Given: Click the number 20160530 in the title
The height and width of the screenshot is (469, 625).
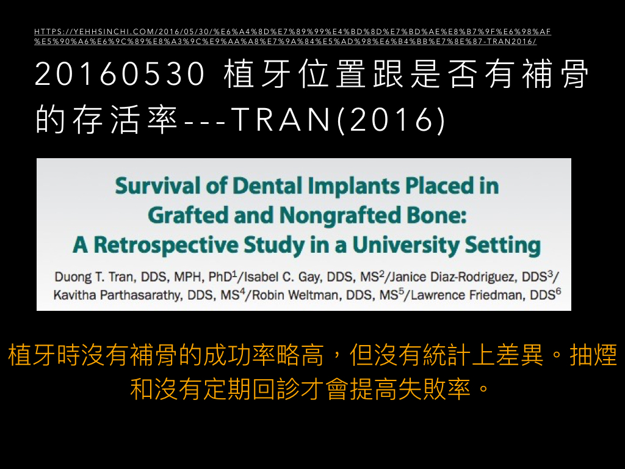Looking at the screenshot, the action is click(120, 73).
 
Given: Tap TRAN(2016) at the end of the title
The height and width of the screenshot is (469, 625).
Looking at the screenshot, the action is click(338, 119).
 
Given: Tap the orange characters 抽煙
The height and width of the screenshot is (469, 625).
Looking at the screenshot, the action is click(593, 355).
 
